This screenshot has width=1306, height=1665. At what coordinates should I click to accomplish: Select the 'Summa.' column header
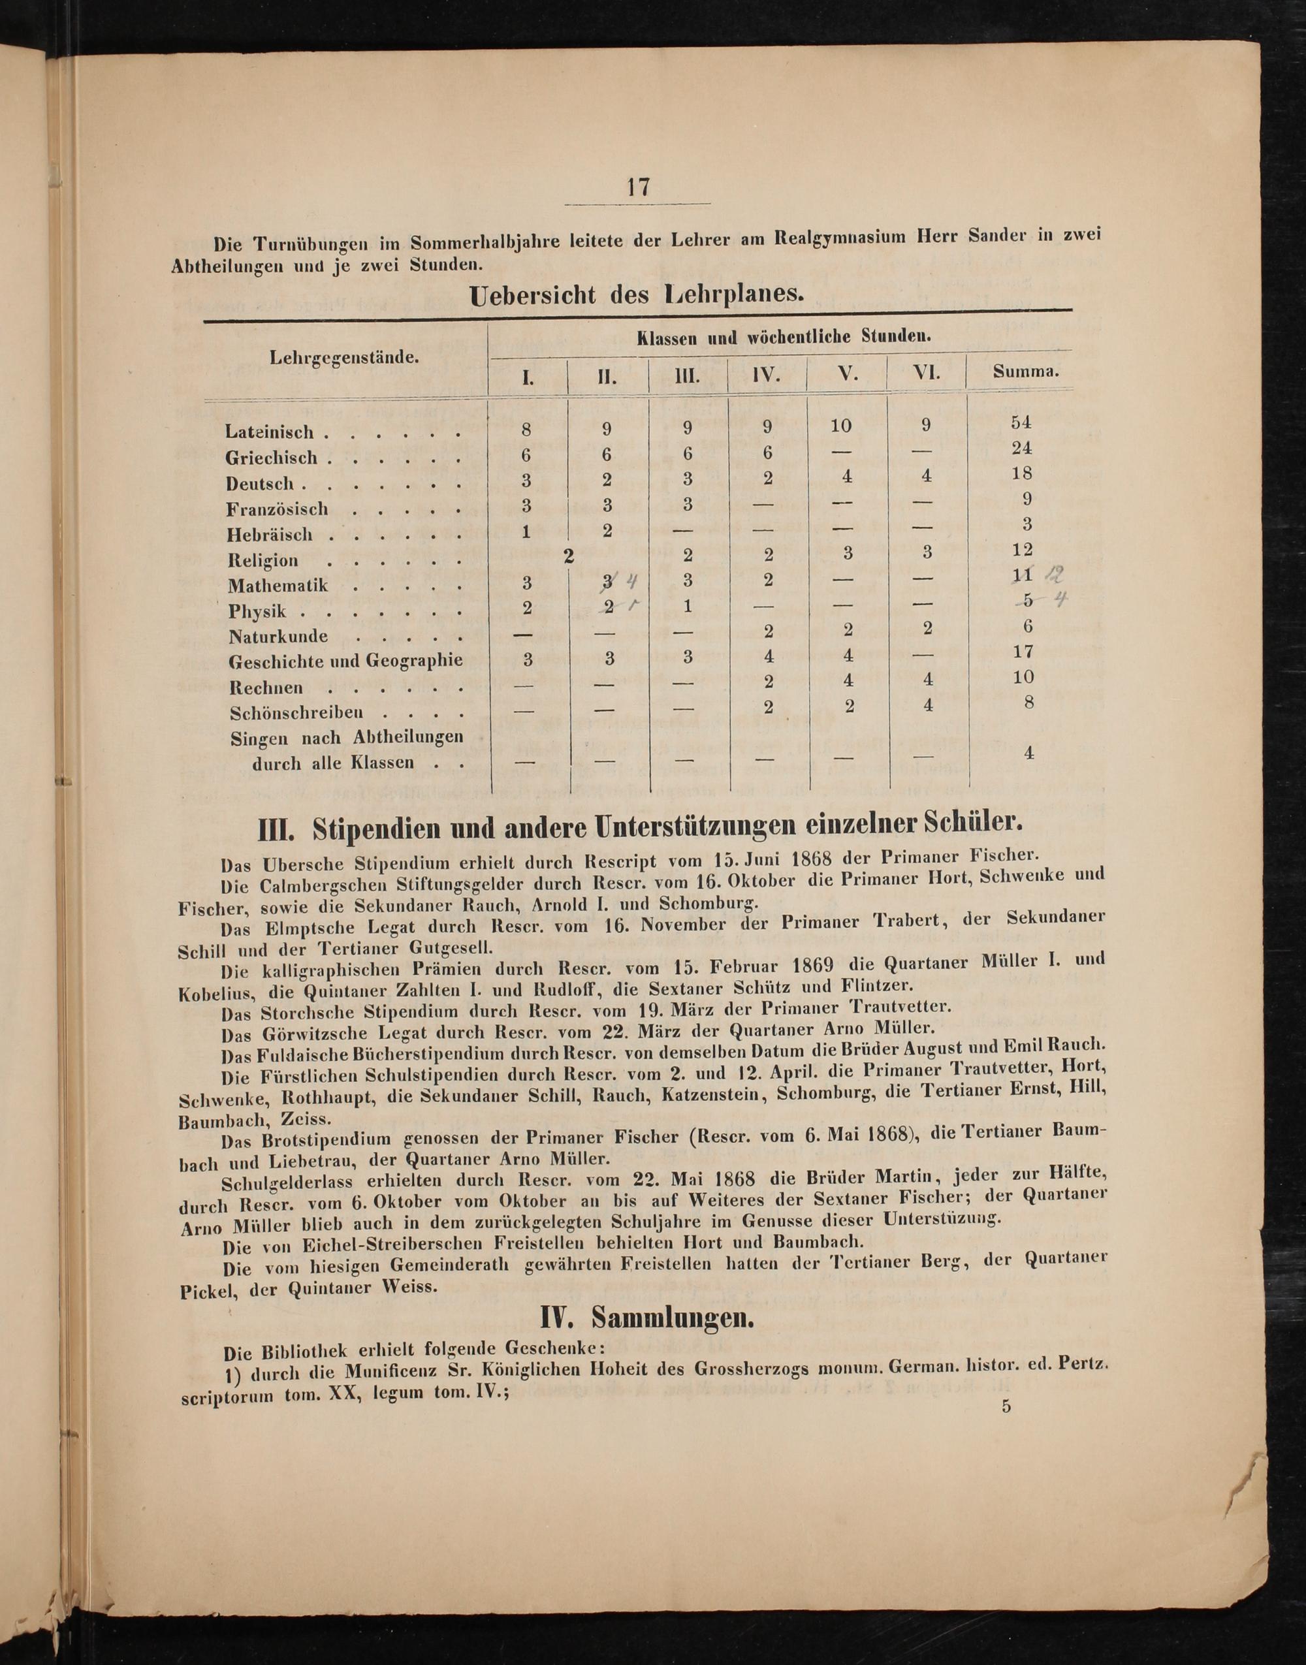(x=1025, y=372)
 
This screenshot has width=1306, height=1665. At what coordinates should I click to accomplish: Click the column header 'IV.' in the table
(x=767, y=375)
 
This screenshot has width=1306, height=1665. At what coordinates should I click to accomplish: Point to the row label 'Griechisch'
(x=272, y=458)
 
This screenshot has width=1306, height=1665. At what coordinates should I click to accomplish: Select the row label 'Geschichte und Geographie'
(x=345, y=661)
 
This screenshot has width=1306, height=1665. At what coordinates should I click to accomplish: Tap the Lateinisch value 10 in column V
(x=846, y=426)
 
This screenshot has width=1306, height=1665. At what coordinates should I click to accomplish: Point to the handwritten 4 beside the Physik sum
(x=1059, y=600)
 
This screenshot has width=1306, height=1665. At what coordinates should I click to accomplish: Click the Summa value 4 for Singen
(x=1028, y=753)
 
